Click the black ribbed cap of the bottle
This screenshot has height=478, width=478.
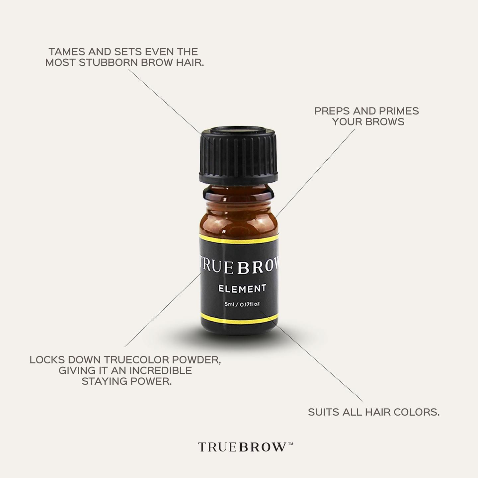[239, 156]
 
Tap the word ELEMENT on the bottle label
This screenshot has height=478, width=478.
[242, 288]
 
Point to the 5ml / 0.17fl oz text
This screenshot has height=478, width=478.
[242, 304]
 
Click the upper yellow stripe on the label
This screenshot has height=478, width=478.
[239, 240]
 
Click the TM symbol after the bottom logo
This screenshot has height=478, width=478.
[290, 443]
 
